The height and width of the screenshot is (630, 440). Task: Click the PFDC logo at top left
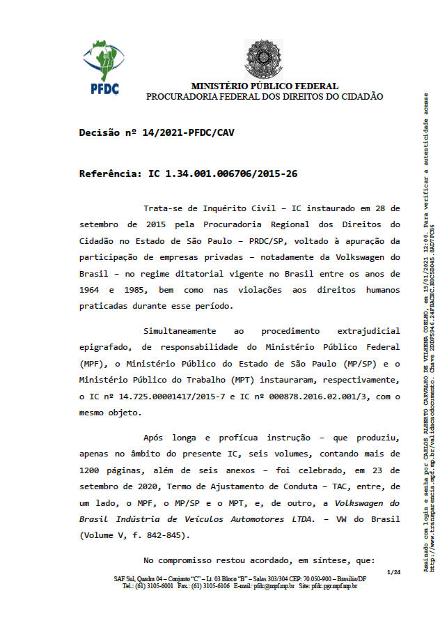click(x=104, y=67)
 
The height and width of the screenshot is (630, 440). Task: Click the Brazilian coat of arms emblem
click(x=264, y=60)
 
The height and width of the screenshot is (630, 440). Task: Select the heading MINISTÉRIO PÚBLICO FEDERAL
click(x=265, y=86)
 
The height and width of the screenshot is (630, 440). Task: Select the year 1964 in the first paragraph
click(x=91, y=289)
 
